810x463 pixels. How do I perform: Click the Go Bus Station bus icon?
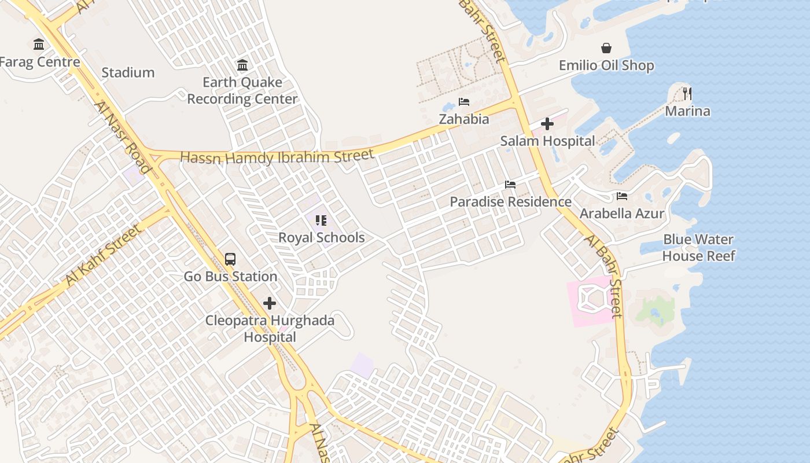[x=230, y=259]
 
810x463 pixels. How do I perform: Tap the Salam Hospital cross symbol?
[x=547, y=124]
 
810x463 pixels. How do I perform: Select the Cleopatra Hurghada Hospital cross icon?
[x=270, y=303]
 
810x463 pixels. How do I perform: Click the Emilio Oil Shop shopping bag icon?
[x=606, y=48]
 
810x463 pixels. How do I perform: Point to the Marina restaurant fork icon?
[x=687, y=93]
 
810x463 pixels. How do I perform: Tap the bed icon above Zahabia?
[x=464, y=102]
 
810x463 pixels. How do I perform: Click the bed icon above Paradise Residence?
[x=510, y=185]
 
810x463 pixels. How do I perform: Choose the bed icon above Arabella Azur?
[x=622, y=196]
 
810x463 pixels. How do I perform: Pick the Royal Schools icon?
[x=321, y=221]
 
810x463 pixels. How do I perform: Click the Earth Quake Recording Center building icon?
[x=242, y=65]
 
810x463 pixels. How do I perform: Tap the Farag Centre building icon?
[x=39, y=44]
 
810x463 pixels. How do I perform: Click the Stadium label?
[x=128, y=73]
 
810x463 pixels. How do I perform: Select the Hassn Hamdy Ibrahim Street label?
[x=277, y=157]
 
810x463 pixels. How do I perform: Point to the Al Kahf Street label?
[x=103, y=255]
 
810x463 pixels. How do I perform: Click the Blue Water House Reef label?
[x=698, y=248]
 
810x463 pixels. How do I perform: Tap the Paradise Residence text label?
[x=510, y=202]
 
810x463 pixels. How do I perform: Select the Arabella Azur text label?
[x=622, y=214]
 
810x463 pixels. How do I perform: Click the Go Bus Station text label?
[x=230, y=277]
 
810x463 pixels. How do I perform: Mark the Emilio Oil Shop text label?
[x=606, y=65]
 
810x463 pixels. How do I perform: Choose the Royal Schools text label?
[x=321, y=238]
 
